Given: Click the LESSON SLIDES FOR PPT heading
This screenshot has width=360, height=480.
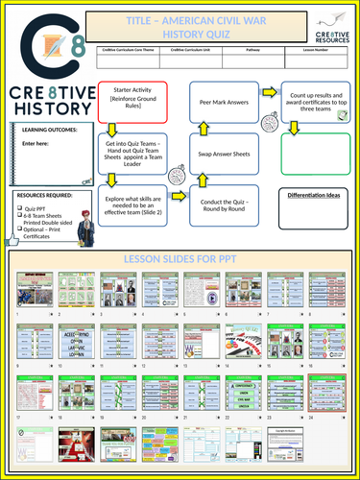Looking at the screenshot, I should pyautogui.click(x=180, y=260).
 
